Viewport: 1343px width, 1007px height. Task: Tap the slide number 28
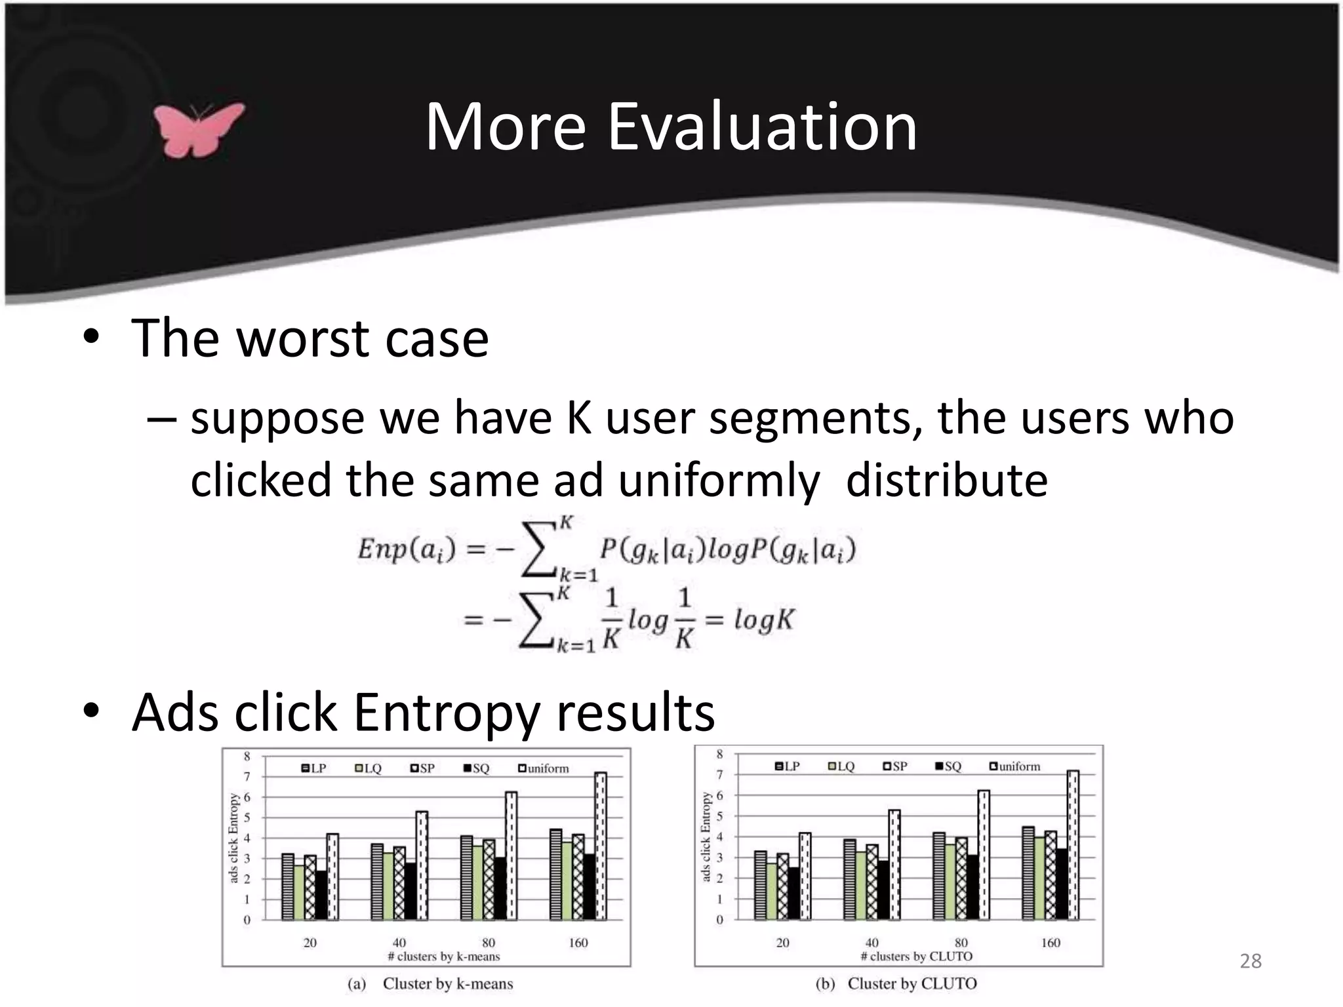[x=1251, y=961]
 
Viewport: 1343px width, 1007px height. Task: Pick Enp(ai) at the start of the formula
[x=406, y=549]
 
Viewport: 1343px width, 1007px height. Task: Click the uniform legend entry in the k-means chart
[x=544, y=768]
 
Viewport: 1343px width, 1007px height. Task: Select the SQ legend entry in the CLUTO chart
[x=948, y=766]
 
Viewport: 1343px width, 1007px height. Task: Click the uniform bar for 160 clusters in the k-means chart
[x=601, y=846]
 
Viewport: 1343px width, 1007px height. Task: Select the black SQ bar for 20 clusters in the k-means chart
[x=321, y=895]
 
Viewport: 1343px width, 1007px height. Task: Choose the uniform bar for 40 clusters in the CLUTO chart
[x=894, y=864]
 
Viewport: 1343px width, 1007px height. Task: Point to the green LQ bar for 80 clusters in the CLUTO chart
[x=950, y=882]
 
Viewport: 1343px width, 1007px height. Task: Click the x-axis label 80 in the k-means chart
[x=489, y=943]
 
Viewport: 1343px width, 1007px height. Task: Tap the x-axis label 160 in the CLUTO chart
[x=1051, y=943]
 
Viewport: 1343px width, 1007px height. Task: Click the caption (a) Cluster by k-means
[x=430, y=984]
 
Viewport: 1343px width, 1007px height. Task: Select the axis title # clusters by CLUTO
[x=916, y=957]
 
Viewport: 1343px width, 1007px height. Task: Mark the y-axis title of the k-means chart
[x=233, y=838]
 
